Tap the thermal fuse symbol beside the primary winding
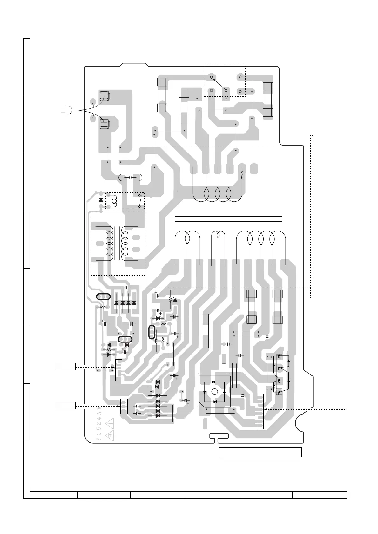click(242, 175)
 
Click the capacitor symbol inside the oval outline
click(130, 178)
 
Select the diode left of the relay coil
click(101, 200)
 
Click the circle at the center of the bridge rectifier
click(214, 392)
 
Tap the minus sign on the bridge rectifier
click(228, 374)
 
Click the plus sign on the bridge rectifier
click(199, 407)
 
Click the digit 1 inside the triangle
click(111, 423)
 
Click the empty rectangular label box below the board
click(260, 452)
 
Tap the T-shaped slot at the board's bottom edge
click(219, 437)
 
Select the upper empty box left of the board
click(66, 366)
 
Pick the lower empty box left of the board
click(66, 405)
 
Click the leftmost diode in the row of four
click(116, 303)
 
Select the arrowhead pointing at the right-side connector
click(266, 410)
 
